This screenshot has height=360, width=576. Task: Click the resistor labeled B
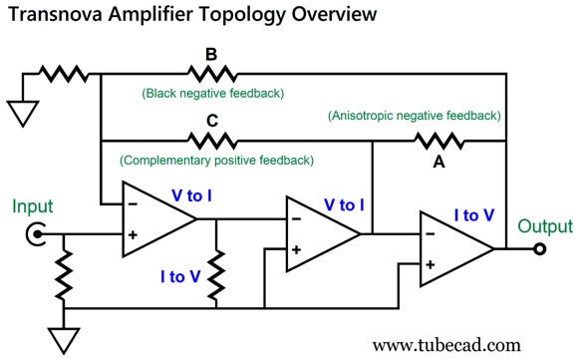[x=211, y=74]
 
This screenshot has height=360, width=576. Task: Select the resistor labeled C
[x=211, y=141]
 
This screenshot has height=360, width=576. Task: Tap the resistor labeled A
[x=438, y=141]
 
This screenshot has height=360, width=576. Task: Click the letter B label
[x=211, y=55]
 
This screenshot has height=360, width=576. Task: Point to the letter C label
[x=211, y=122]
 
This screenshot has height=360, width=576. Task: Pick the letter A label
[x=438, y=163]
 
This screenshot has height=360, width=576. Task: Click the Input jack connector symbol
[x=38, y=235]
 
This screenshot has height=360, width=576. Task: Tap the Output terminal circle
[x=539, y=248]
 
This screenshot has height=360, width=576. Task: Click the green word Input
[x=32, y=207]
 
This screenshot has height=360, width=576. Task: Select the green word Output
[x=545, y=226]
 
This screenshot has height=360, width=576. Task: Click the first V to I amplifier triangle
[x=156, y=216]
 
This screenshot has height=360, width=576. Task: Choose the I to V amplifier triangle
[x=454, y=248]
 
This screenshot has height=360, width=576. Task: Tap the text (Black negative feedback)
[x=212, y=93]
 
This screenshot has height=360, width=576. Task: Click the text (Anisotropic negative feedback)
[x=414, y=116]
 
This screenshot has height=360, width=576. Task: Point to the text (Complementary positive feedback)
[x=216, y=160]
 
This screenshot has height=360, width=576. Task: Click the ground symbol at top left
[x=21, y=112]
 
